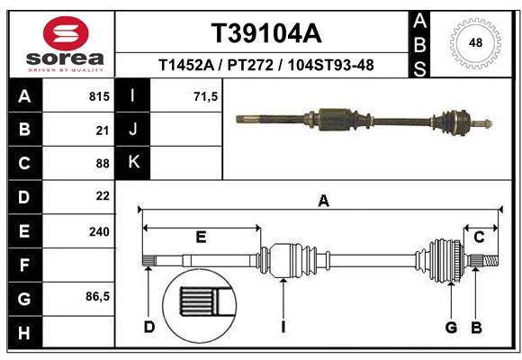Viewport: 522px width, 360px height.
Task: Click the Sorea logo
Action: click(x=66, y=41)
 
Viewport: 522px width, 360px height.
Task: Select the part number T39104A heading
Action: click(x=265, y=33)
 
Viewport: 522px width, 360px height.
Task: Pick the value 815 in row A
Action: click(x=99, y=95)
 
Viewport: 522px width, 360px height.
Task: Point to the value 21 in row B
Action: click(x=103, y=130)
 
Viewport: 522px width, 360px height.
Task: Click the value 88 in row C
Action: click(x=102, y=164)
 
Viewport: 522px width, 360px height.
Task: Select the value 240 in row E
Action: click(x=99, y=231)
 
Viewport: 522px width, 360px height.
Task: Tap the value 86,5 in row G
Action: click(x=97, y=297)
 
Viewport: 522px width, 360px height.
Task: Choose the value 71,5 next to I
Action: click(x=206, y=95)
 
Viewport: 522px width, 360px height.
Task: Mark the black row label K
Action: click(x=134, y=163)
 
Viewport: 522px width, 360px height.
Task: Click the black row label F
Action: click(x=23, y=265)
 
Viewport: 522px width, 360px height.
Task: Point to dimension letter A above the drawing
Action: click(x=323, y=202)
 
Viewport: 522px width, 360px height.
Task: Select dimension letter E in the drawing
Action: click(x=201, y=237)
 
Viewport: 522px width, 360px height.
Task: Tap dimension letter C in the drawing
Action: click(x=479, y=237)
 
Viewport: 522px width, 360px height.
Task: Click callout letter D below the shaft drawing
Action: click(x=148, y=327)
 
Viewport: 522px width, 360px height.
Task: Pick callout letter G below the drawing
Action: click(x=451, y=327)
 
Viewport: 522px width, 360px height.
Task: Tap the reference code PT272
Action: click(x=253, y=66)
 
